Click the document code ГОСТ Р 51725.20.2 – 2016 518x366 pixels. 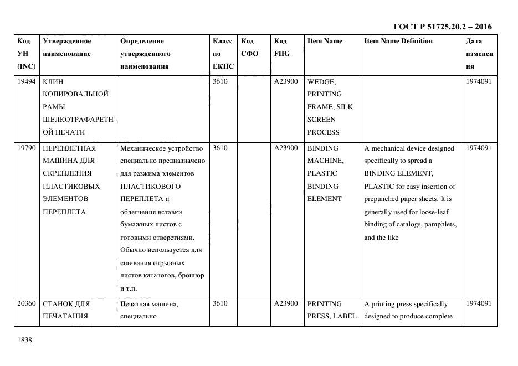pos(442,27)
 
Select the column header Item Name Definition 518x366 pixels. pos(398,41)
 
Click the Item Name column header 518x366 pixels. pos(325,41)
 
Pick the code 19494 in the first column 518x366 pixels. pos(27,81)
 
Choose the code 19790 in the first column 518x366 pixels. pos(27,148)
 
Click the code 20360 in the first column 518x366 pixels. pos(27,304)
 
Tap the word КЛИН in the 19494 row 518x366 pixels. pos(53,81)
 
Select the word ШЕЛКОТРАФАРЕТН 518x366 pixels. pos(78,120)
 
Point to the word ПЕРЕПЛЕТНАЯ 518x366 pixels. pos(69,148)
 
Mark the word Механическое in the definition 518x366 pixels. pos(142,148)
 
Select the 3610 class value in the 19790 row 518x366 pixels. pos(220,148)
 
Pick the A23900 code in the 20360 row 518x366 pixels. pos(286,304)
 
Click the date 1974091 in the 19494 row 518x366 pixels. pos(479,81)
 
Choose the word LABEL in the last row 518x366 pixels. pos(345,317)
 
